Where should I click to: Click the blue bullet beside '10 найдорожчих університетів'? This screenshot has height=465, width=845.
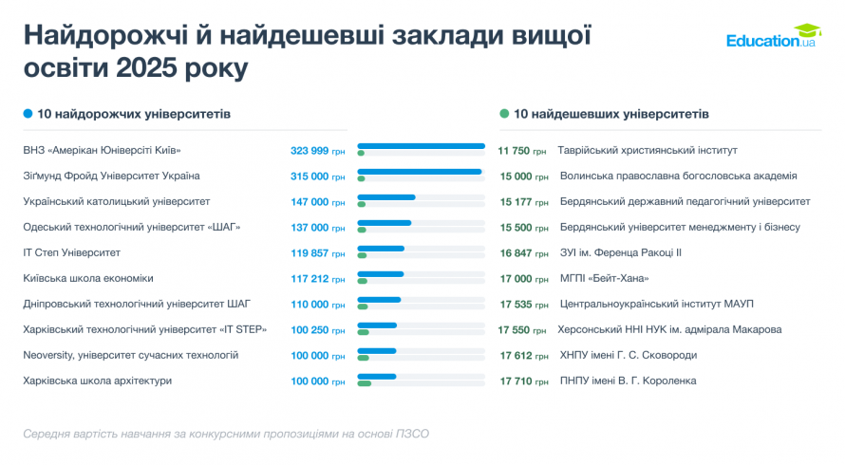28,114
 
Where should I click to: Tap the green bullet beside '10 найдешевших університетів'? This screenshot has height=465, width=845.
504,114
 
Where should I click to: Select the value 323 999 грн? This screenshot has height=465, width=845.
318,151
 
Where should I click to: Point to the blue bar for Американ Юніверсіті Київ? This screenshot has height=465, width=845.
422,146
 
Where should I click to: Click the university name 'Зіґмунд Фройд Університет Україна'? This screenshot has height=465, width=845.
111,177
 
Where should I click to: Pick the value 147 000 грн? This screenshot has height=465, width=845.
318,202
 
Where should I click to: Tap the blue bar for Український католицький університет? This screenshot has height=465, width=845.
386,197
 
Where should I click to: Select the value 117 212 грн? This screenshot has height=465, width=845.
318,279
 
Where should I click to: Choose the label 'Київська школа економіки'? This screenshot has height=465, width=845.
88,279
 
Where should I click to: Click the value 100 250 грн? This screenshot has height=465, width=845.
318,330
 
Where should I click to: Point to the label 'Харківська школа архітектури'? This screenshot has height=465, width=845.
98,381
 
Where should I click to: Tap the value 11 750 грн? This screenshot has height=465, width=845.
522,151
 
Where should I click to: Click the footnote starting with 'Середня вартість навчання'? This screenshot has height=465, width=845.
226,434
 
